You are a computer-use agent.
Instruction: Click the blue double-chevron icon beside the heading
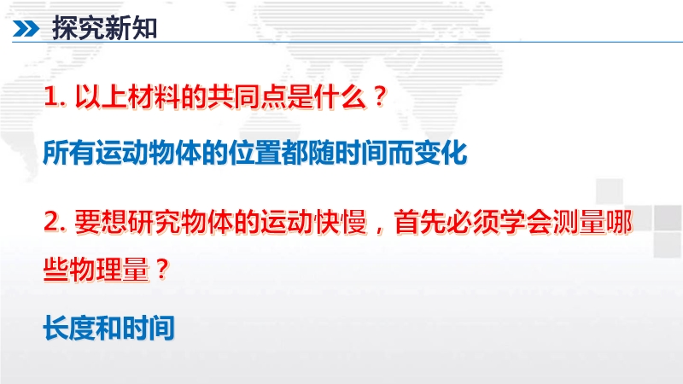tap(26, 29)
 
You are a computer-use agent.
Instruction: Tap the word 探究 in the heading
tap(79, 29)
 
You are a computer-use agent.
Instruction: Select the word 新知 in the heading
tap(131, 29)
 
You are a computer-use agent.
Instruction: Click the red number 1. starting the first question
tap(55, 96)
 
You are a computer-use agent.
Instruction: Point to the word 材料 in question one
tap(155, 96)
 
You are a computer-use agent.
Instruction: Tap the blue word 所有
tap(69, 153)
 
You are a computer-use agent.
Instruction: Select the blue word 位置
tap(254, 153)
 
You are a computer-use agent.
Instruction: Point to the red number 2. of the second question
tap(55, 222)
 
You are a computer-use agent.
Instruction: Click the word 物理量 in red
tap(109, 269)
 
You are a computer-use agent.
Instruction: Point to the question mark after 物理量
tap(162, 269)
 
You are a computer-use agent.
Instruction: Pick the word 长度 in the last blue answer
tap(69, 328)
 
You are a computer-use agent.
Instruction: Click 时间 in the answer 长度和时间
tap(149, 328)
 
